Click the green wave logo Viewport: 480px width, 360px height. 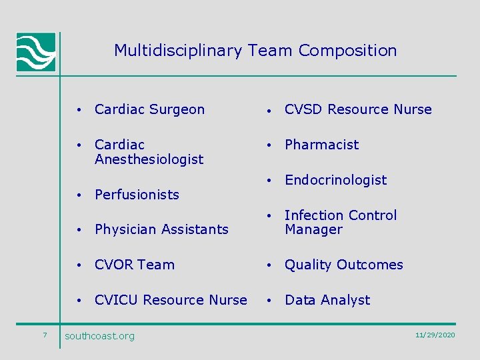pyautogui.click(x=36, y=52)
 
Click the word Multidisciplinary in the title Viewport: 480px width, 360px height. pyautogui.click(x=178, y=51)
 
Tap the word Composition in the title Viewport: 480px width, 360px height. pyautogui.click(x=347, y=51)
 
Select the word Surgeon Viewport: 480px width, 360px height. pyautogui.click(x=178, y=109)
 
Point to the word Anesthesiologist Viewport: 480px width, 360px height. pyautogui.click(x=149, y=159)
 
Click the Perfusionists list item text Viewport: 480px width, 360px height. pyautogui.click(x=137, y=195)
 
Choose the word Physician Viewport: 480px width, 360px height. pyautogui.click(x=124, y=230)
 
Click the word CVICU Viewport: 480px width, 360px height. pyautogui.click(x=117, y=300)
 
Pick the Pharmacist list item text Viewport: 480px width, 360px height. pyautogui.click(x=321, y=145)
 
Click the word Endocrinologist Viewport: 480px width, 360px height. pyautogui.click(x=335, y=180)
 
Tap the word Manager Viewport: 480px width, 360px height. pyautogui.click(x=313, y=230)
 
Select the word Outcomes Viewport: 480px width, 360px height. pyautogui.click(x=370, y=265)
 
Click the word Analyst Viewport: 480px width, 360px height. pyautogui.click(x=346, y=300)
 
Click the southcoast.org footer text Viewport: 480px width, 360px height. pyautogui.click(x=99, y=336)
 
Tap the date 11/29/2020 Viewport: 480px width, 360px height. pyautogui.click(x=435, y=335)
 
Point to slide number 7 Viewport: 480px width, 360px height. pyautogui.click(x=44, y=335)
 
